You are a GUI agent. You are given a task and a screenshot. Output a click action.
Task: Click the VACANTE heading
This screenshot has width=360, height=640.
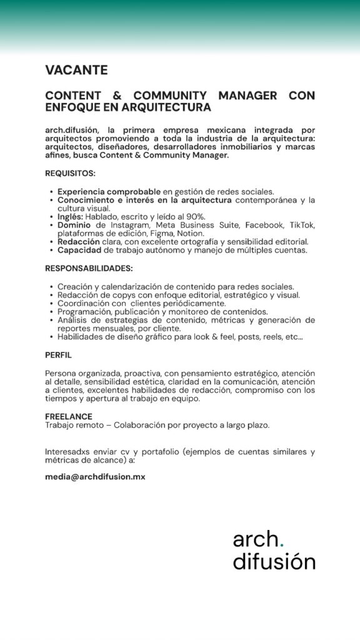pyautogui.click(x=76, y=70)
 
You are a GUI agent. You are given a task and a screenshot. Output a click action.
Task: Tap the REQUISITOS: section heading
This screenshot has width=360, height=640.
pyautogui.click(x=70, y=173)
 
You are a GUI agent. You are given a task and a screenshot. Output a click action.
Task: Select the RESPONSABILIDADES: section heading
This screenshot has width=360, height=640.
pyautogui.click(x=89, y=268)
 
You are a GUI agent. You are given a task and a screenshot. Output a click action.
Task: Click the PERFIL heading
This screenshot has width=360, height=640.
pyautogui.click(x=58, y=354)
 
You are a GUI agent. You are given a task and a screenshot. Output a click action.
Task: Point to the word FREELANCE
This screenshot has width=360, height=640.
pyautogui.click(x=69, y=416)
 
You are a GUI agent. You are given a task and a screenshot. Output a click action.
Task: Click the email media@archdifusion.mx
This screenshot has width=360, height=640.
pyautogui.click(x=95, y=476)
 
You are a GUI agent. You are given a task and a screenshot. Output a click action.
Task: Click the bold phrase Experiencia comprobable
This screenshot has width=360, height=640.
pyautogui.click(x=109, y=191)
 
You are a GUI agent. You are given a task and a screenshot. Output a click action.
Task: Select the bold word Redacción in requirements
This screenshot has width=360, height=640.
pyautogui.click(x=79, y=241)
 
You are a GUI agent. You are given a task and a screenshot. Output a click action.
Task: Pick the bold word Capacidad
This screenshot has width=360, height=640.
pyautogui.click(x=79, y=250)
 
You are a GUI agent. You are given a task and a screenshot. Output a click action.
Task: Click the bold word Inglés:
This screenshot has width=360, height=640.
pyautogui.click(x=71, y=216)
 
